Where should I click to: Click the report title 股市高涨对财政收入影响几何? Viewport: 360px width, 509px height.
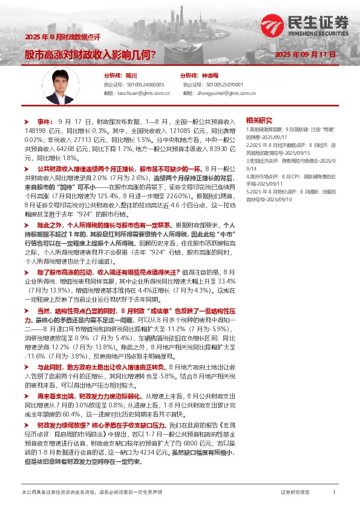pyautogui.click(x=91, y=54)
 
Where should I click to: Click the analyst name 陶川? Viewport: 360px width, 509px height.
pyautogui.click(x=131, y=76)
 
